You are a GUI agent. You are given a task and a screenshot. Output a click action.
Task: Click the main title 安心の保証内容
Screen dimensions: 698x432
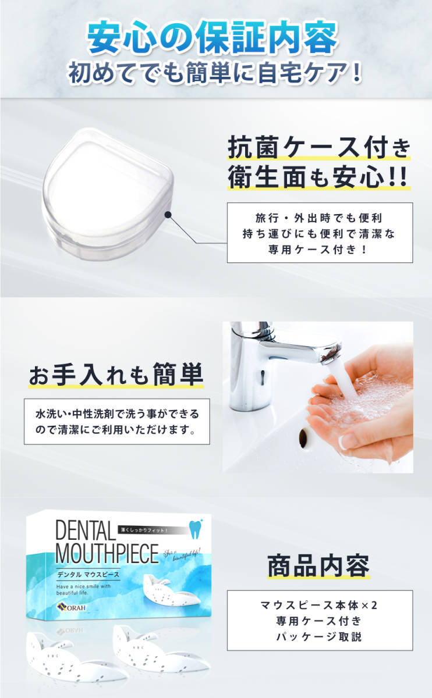point(213,39)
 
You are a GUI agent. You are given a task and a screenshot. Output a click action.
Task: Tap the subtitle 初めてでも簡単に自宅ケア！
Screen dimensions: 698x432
point(215,74)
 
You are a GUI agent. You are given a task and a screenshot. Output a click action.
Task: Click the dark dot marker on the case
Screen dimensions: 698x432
point(168,215)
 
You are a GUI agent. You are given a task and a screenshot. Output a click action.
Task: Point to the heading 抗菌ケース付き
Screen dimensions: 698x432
point(319,149)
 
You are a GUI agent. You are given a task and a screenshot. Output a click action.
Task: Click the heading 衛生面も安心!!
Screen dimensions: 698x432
point(319,179)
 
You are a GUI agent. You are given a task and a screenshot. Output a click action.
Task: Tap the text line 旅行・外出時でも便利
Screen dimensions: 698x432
point(320,218)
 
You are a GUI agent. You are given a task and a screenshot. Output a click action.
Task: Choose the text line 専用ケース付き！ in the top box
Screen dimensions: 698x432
point(320,249)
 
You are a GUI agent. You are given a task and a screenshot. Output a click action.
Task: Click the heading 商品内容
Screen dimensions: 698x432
point(319,565)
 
